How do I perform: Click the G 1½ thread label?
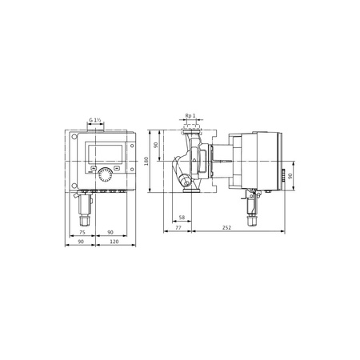[x=98, y=120]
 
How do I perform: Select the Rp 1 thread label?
[x=189, y=114]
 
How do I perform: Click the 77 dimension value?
[x=178, y=228]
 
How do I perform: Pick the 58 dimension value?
[x=182, y=218]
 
